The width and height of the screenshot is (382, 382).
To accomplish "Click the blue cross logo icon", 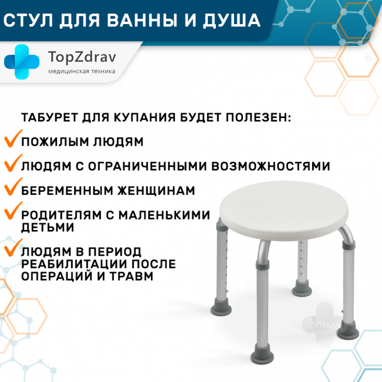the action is click(x=22, y=62).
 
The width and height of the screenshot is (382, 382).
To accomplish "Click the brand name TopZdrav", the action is click(x=82, y=58).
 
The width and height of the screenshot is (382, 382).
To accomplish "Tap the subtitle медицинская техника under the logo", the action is click(x=82, y=72).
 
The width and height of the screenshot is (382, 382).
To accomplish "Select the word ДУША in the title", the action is click(x=232, y=21).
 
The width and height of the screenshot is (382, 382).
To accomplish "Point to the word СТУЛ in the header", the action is click(x=28, y=21).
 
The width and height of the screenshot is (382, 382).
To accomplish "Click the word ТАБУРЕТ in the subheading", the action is click(x=49, y=117).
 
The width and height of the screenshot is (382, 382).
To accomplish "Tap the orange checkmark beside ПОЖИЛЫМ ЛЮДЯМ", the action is click(x=13, y=138).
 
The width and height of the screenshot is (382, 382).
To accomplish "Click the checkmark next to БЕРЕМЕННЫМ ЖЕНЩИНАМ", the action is click(x=13, y=187).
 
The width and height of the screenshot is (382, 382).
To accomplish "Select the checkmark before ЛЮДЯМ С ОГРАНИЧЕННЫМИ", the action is click(x=13, y=163).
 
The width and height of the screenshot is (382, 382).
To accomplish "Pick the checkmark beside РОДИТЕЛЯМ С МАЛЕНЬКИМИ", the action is click(x=13, y=211).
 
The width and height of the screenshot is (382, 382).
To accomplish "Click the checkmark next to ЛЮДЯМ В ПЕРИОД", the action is click(x=13, y=247).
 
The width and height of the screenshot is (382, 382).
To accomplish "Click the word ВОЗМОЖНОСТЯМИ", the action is click(x=271, y=167).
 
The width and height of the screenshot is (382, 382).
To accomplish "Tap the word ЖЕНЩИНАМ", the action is click(x=157, y=191).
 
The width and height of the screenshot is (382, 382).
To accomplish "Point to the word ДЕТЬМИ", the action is click(x=48, y=227).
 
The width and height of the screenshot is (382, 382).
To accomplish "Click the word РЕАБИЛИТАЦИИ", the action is click(x=73, y=264).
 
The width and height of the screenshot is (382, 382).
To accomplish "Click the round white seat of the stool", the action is click(x=284, y=210).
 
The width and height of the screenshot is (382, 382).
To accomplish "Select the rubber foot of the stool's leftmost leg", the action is click(x=221, y=307).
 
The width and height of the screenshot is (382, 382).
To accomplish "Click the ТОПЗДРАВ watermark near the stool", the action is click(x=322, y=325).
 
